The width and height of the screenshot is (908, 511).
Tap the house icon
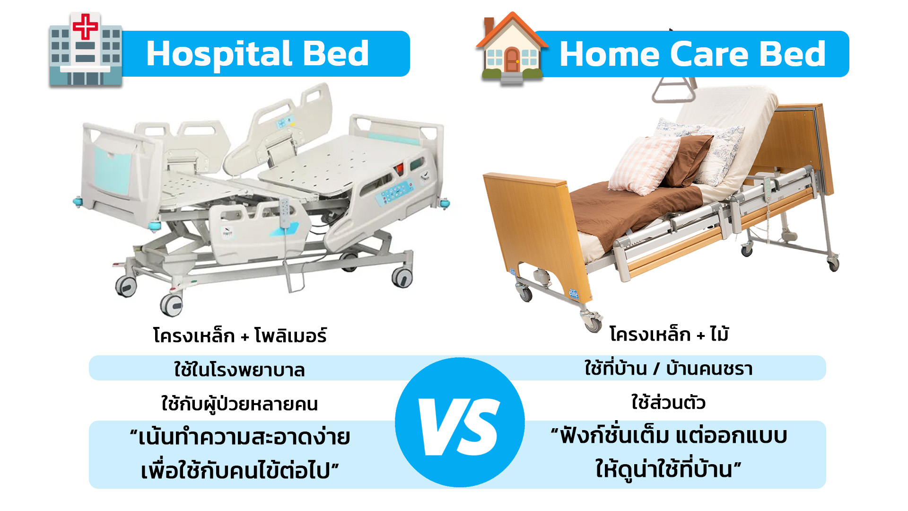pyautogui.click(x=512, y=49)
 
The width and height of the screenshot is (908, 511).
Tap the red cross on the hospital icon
pyautogui.click(x=85, y=26)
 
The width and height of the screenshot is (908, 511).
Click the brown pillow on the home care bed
pyautogui.click(x=687, y=160)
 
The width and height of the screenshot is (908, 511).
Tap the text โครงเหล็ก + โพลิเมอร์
pyautogui.click(x=240, y=335)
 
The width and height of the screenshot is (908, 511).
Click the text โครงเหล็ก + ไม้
pyautogui.click(x=669, y=334)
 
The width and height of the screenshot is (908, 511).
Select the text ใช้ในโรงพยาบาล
pyautogui.click(x=239, y=370)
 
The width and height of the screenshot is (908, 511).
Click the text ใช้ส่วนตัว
pyautogui.click(x=668, y=403)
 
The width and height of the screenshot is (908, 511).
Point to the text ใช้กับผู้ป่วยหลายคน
pyautogui.click(x=239, y=404)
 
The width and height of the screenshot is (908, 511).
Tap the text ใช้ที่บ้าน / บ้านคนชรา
pyautogui.click(x=668, y=368)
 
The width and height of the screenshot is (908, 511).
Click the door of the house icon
pyautogui.click(x=512, y=60)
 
